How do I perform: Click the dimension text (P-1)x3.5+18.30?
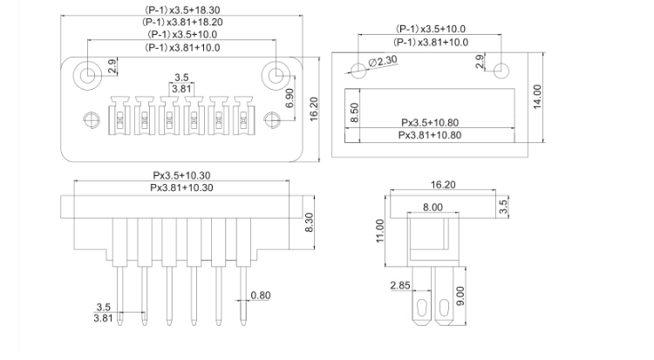pos(182,8)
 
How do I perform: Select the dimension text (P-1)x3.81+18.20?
pos(182,21)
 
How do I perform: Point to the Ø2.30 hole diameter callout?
pos(385,61)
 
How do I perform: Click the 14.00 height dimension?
pos(537,98)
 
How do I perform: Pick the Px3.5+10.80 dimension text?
pos(430,123)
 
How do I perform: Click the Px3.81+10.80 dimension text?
pos(430,135)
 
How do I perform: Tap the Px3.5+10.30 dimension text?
pos(182,175)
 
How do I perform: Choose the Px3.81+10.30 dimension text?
pos(182,187)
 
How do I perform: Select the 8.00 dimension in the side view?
pos(432,207)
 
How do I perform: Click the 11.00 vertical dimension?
pos(378,233)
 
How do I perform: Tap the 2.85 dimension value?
pos(400,286)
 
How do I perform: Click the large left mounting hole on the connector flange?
pos(87,74)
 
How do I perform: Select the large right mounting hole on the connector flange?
pos(278,74)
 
